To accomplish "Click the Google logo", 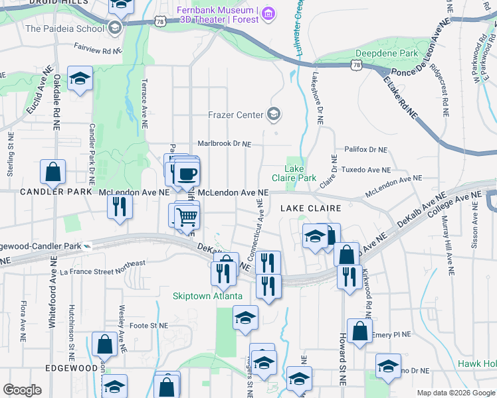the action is tap(22, 390).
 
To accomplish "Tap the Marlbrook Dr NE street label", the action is tap(225, 143).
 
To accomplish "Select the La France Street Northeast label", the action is tap(102, 267).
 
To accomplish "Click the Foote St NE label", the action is tap(148, 325).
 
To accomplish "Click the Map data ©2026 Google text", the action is tap(455, 393).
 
